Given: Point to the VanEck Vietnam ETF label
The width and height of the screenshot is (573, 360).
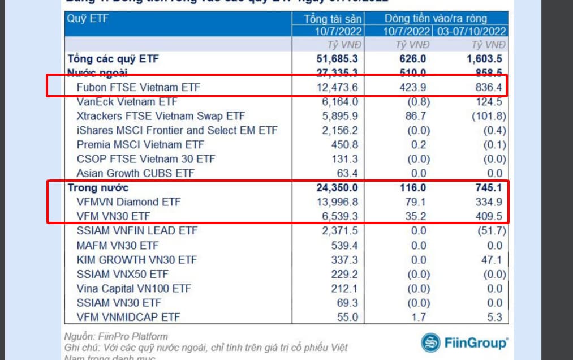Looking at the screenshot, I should pos(126,102).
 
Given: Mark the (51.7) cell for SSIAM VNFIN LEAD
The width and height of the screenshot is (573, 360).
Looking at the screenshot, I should pos(490,231).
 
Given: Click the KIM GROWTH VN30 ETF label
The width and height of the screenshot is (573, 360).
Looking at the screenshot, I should pos(136,260).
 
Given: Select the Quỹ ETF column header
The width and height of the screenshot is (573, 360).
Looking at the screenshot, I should pos(88,19).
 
